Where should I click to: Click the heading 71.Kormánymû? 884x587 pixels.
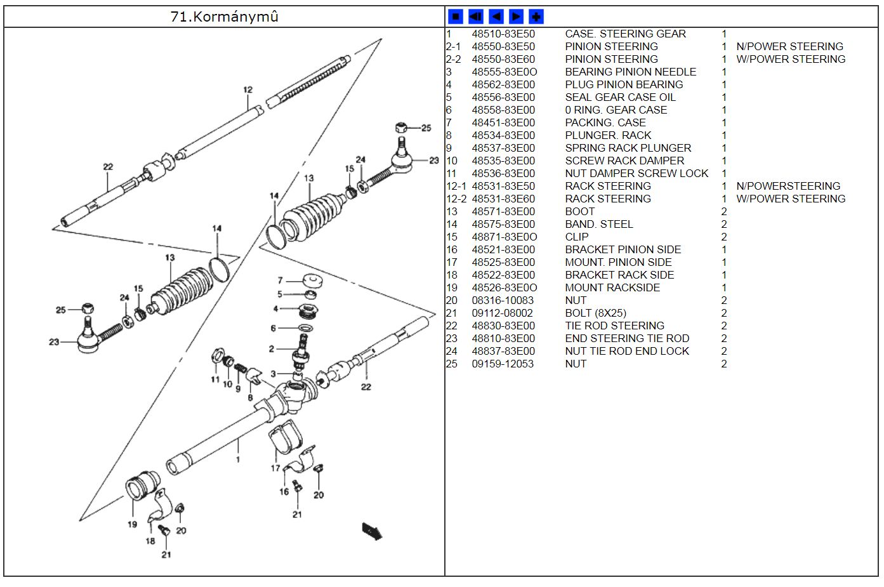click(224, 16)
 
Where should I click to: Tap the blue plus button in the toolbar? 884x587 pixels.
click(536, 16)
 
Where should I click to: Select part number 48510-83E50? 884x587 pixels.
click(503, 34)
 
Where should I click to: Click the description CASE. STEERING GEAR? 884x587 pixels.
click(625, 34)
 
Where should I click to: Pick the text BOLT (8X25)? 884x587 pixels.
click(595, 313)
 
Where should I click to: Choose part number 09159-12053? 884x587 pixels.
click(502, 364)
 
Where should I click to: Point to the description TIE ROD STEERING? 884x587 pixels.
click(614, 326)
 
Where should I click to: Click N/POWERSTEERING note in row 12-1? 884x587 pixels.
click(788, 186)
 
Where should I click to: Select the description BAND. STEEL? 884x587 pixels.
click(598, 224)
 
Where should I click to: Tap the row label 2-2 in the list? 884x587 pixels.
click(453, 59)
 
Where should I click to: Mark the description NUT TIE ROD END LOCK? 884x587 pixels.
click(626, 351)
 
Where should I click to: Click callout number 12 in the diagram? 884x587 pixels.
click(247, 90)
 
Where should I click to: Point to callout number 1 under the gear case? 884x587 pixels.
click(238, 459)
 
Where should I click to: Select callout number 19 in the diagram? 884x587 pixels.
click(132, 524)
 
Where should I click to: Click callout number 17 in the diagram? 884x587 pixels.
click(275, 468)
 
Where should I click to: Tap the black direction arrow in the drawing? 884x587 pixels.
click(372, 531)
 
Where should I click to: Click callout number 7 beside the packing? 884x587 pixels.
click(280, 280)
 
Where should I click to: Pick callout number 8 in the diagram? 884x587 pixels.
click(250, 398)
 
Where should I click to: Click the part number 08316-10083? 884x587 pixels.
click(502, 300)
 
